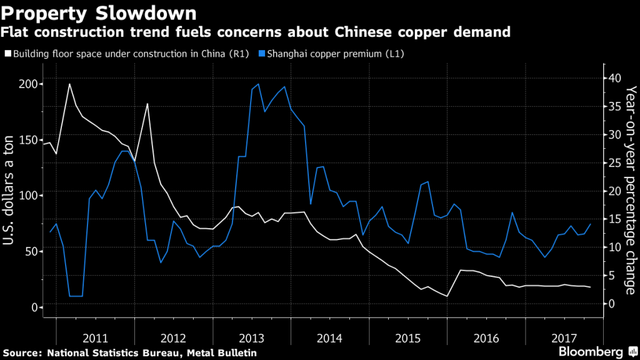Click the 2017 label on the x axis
pyautogui.click(x=564, y=338)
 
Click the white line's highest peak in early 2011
pyautogui.click(x=69, y=84)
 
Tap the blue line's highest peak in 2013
pyautogui.click(x=258, y=84)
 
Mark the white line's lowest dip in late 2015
pyautogui.click(x=447, y=296)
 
